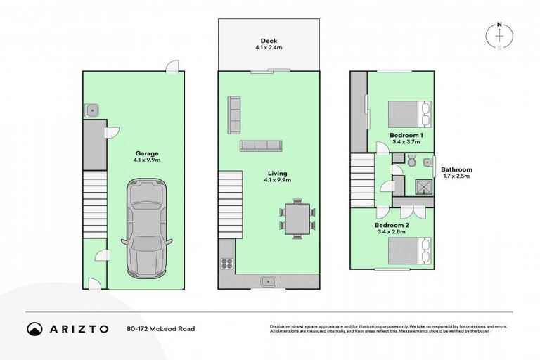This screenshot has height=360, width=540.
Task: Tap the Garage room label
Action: click(147, 156)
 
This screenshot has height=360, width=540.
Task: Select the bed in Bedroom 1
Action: click(406, 113)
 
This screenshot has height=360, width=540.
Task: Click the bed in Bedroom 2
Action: click(406, 250)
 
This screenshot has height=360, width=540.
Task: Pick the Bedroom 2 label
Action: click(392, 227)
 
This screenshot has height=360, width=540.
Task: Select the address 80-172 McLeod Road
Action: click(161, 328)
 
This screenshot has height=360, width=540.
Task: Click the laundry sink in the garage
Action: click(91, 110)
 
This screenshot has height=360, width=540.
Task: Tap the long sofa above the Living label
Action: click(260, 146)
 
